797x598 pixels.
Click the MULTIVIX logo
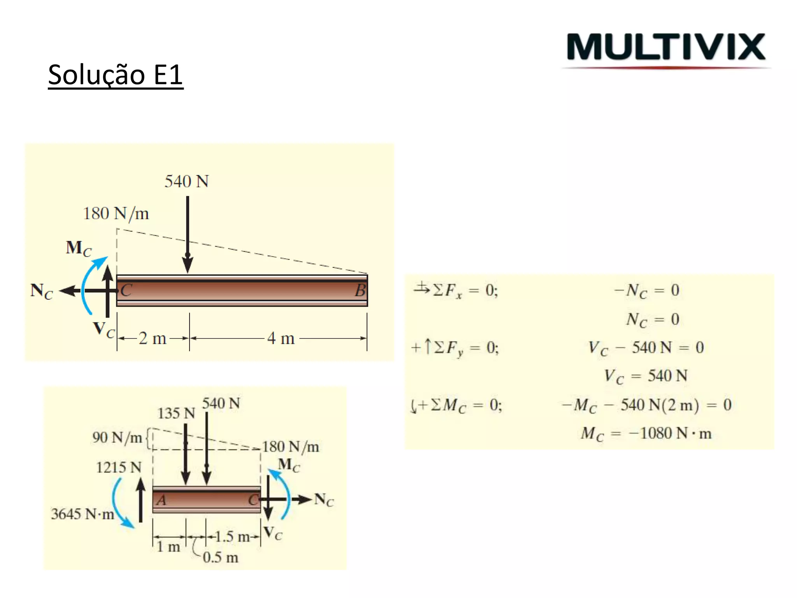click(x=666, y=47)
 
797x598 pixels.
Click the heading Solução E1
click(x=116, y=75)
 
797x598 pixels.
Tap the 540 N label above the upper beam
click(x=186, y=181)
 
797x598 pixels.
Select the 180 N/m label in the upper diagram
click(x=116, y=213)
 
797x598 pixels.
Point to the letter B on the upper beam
click(x=360, y=291)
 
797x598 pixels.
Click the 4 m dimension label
click(x=281, y=338)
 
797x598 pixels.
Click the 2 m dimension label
click(x=152, y=338)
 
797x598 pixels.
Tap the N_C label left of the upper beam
click(x=41, y=291)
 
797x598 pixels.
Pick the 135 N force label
click(x=176, y=413)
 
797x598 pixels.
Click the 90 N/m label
click(x=117, y=438)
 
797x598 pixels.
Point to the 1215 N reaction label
click(x=118, y=467)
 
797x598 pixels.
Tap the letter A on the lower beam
click(x=161, y=500)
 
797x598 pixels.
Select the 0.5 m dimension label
click(x=220, y=558)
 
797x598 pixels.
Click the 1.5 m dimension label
click(x=232, y=537)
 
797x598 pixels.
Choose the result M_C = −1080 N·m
click(x=646, y=433)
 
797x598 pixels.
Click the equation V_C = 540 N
click(x=646, y=376)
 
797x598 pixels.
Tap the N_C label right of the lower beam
click(x=324, y=500)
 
